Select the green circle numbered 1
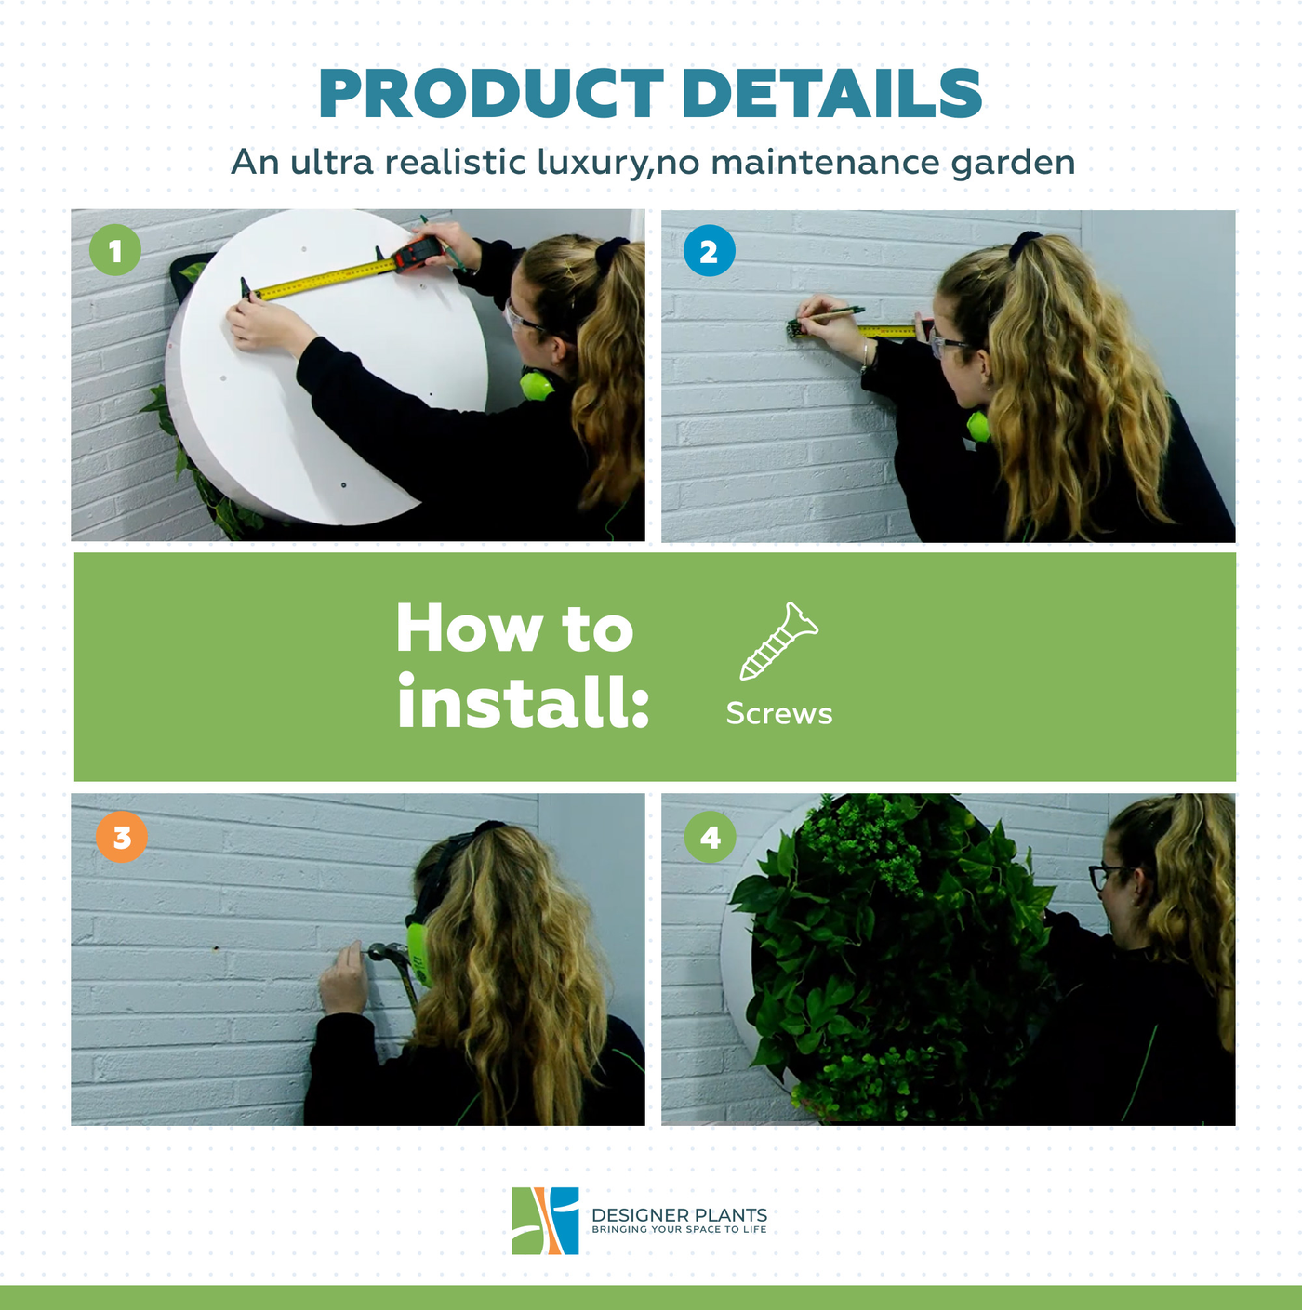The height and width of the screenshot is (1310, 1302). tap(115, 250)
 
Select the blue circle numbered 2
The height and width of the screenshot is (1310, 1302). tap(709, 251)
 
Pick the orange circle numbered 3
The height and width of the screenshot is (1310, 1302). tap(122, 837)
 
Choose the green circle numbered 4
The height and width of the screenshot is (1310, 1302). tap(711, 837)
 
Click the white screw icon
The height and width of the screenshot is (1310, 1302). tap(779, 641)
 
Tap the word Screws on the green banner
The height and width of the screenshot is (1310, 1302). tap(779, 713)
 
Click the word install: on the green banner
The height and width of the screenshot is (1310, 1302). tap(523, 701)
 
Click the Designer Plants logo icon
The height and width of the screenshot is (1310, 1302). tap(545, 1221)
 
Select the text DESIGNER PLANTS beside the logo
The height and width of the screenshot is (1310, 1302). tap(679, 1214)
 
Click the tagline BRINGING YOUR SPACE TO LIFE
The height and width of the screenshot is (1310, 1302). tap(679, 1229)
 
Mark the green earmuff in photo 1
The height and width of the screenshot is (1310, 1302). tap(537, 384)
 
